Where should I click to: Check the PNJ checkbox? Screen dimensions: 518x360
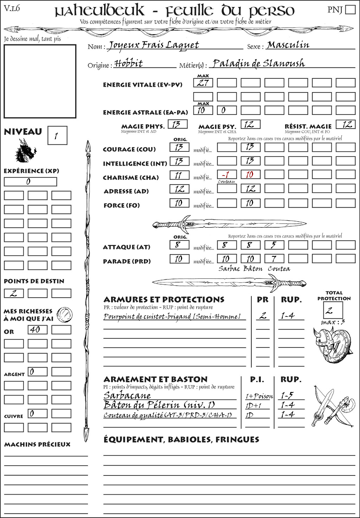351,9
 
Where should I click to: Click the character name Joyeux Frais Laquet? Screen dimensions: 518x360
153,45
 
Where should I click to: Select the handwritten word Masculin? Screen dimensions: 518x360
288,45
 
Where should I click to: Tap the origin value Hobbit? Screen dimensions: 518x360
129,64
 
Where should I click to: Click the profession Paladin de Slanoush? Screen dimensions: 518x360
259,64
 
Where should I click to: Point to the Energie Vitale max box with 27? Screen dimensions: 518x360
203,83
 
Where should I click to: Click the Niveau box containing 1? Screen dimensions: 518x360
57,136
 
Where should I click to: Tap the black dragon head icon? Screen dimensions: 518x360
26,151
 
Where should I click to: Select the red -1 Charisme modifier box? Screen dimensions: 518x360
226,175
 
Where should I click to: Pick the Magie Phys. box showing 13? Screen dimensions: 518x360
178,124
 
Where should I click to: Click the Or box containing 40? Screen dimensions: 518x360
37,330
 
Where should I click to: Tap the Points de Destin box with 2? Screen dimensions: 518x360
14,293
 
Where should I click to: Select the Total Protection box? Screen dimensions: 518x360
333,310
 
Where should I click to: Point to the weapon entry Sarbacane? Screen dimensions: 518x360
127,395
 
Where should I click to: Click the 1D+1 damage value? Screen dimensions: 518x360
253,406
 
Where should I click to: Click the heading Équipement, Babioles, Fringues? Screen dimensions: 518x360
181,440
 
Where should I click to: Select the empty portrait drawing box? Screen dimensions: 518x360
40,82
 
